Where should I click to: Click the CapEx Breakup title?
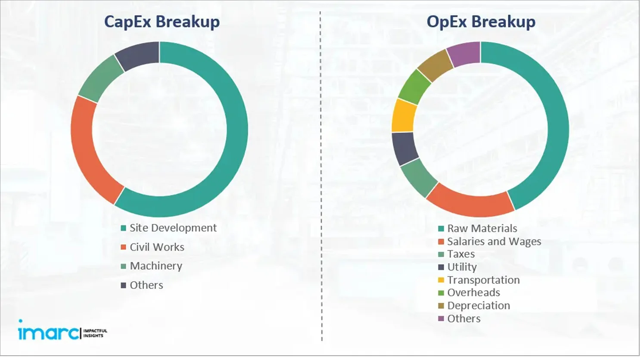tap(162, 22)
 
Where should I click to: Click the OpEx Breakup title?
tap(481, 22)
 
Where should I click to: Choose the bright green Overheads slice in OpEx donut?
tap(414, 87)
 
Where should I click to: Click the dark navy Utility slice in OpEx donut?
tap(404, 149)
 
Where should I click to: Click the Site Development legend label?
tap(173, 228)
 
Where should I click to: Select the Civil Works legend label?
tap(157, 247)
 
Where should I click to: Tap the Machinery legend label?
tap(156, 266)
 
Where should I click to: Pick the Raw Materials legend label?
tap(482, 228)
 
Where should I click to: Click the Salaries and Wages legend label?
tap(494, 242)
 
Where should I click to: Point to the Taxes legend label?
tap(461, 254)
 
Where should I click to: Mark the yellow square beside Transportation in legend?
tap(441, 280)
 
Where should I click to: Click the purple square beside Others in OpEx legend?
tap(441, 319)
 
